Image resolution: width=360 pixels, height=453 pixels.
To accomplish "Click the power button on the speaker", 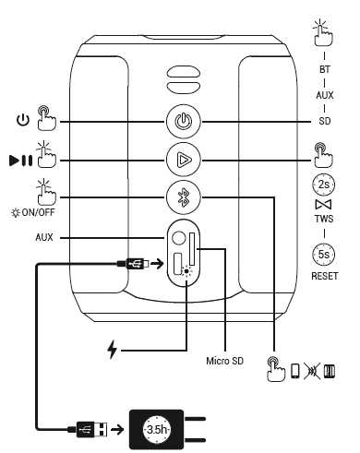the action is [x=184, y=122].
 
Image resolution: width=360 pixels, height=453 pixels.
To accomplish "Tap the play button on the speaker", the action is [x=184, y=160].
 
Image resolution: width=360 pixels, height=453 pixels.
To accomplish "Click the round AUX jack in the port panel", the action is [x=179, y=238].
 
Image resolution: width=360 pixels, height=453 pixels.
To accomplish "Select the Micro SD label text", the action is [x=224, y=361].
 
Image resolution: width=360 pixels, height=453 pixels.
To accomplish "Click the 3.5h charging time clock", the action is [x=157, y=429].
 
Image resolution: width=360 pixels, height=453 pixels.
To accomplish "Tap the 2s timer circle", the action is [x=324, y=185].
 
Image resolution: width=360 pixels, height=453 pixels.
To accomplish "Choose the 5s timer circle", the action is [x=324, y=255].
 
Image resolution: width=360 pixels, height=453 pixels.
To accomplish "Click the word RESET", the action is [x=325, y=276].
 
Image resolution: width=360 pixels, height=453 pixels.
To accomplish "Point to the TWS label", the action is [x=324, y=219].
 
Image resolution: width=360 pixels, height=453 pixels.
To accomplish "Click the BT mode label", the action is [x=325, y=69].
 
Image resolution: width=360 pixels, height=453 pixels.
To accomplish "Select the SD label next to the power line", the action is [x=325, y=121].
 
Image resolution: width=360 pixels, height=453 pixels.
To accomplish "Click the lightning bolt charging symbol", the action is [x=113, y=350].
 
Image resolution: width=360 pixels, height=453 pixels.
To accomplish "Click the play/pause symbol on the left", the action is [x=20, y=161].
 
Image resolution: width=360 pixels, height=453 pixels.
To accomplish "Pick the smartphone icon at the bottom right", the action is [x=295, y=371].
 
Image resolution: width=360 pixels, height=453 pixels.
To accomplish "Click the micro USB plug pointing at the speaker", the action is [x=133, y=264].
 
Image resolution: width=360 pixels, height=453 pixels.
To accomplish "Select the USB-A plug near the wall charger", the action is [x=91, y=429].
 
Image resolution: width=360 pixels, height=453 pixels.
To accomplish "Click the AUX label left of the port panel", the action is [x=44, y=237].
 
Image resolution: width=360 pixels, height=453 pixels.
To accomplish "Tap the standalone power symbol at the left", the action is [x=23, y=120].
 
